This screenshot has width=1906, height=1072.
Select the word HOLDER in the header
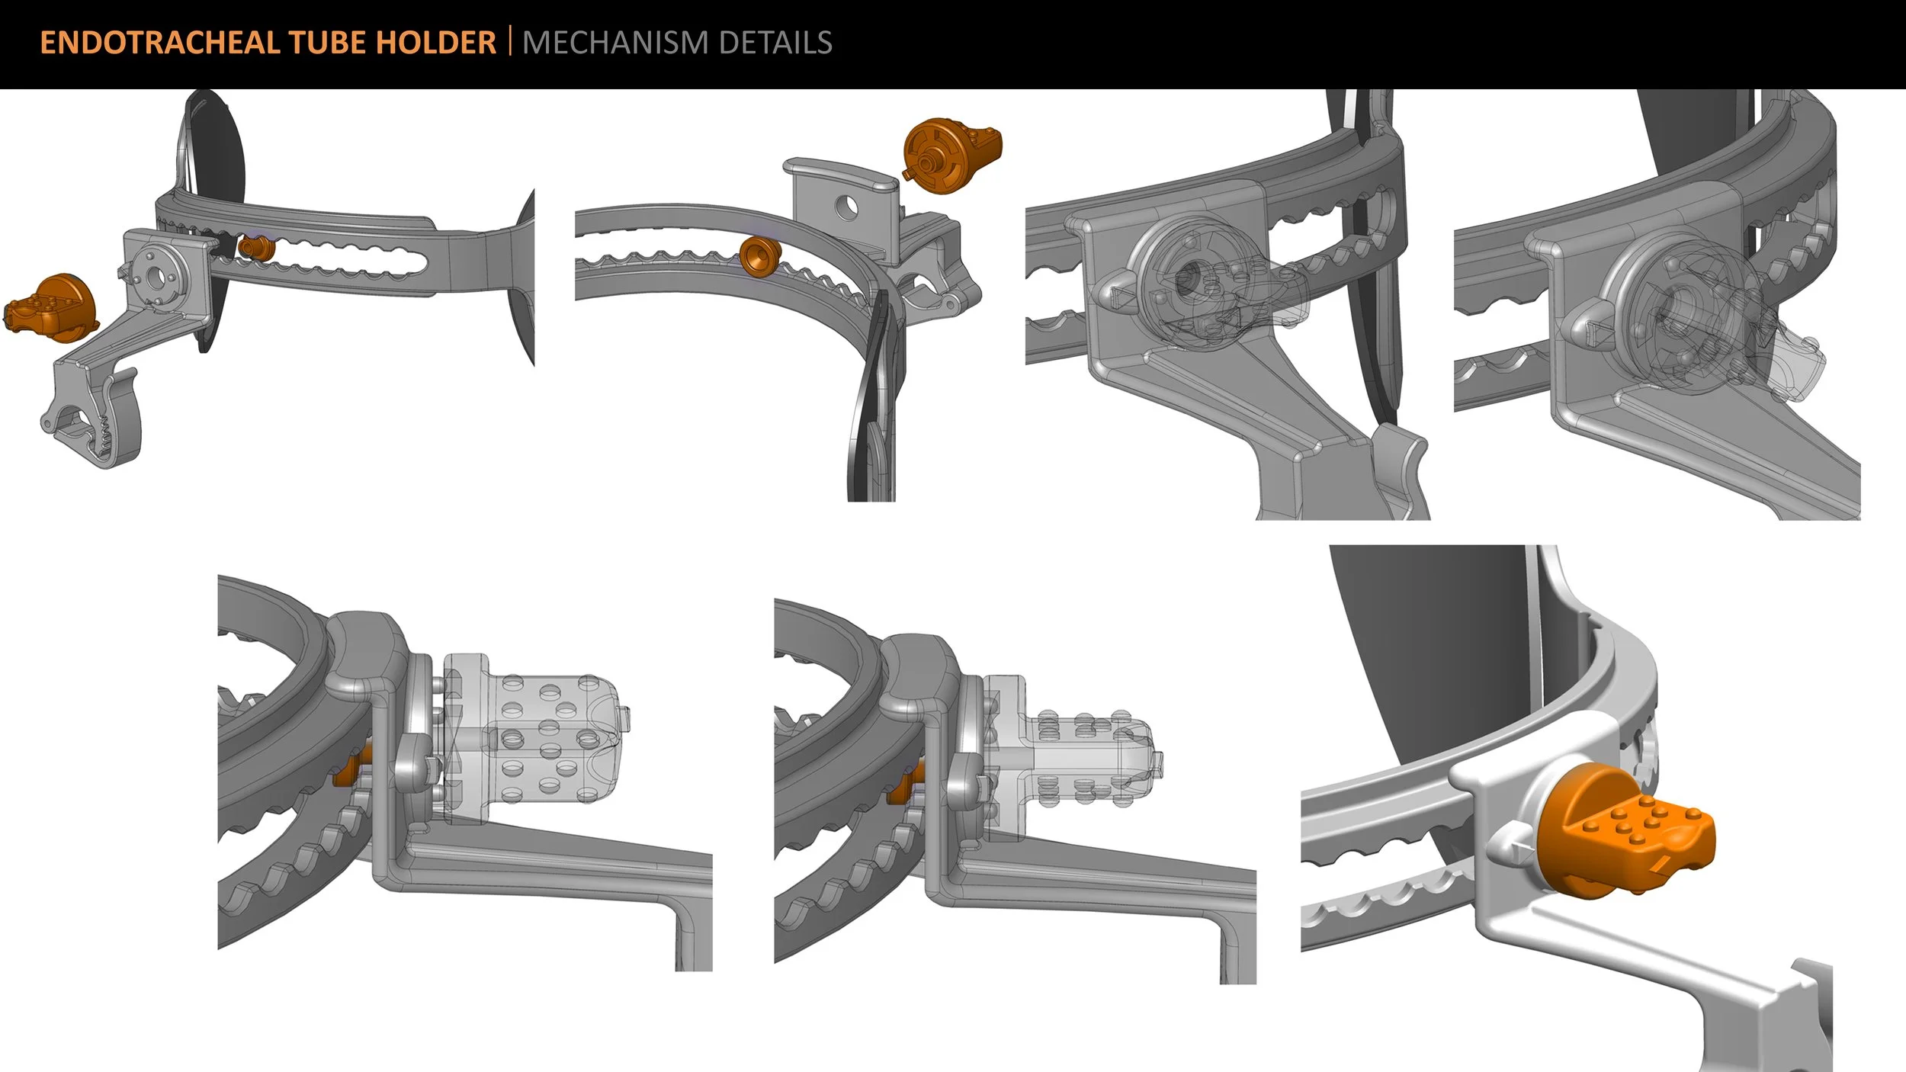click(x=437, y=43)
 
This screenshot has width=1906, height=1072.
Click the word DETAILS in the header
click(x=775, y=43)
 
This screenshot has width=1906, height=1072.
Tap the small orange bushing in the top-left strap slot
click(x=250, y=247)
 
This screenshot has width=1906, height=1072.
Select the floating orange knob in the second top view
click(x=951, y=156)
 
